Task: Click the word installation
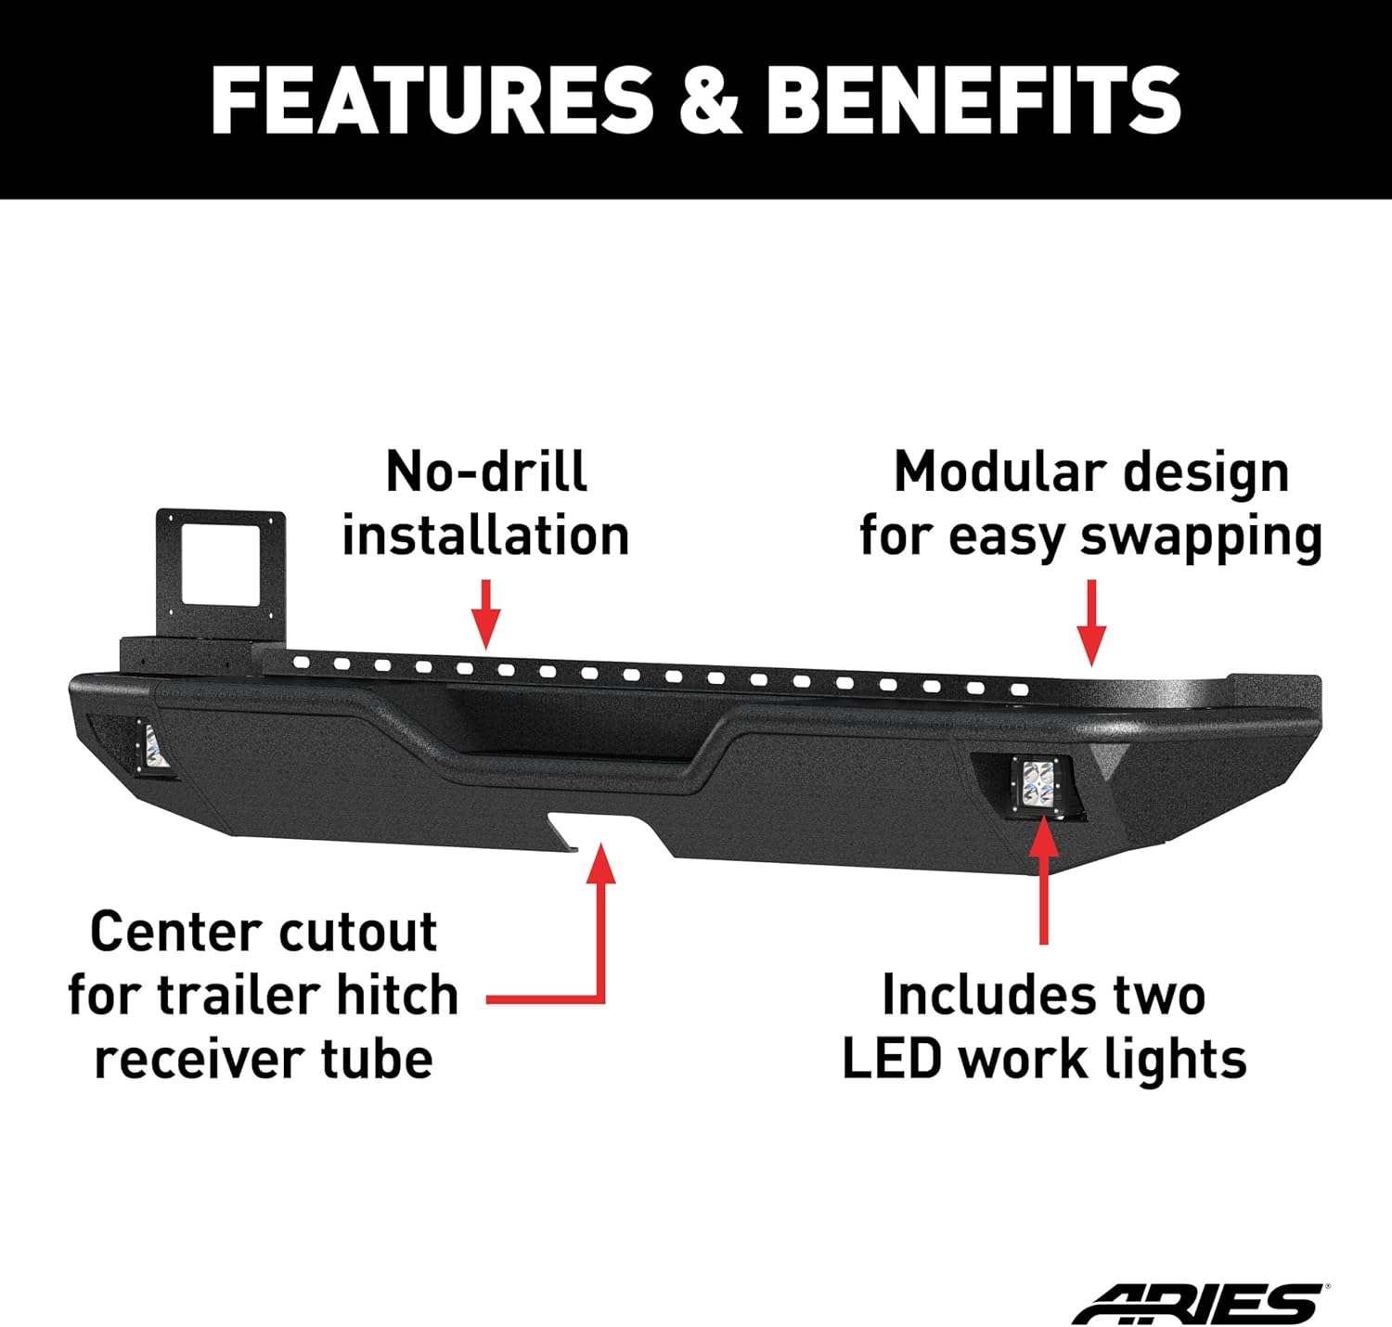coord(485,536)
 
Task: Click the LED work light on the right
coord(1038,782)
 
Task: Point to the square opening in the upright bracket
coord(220,562)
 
